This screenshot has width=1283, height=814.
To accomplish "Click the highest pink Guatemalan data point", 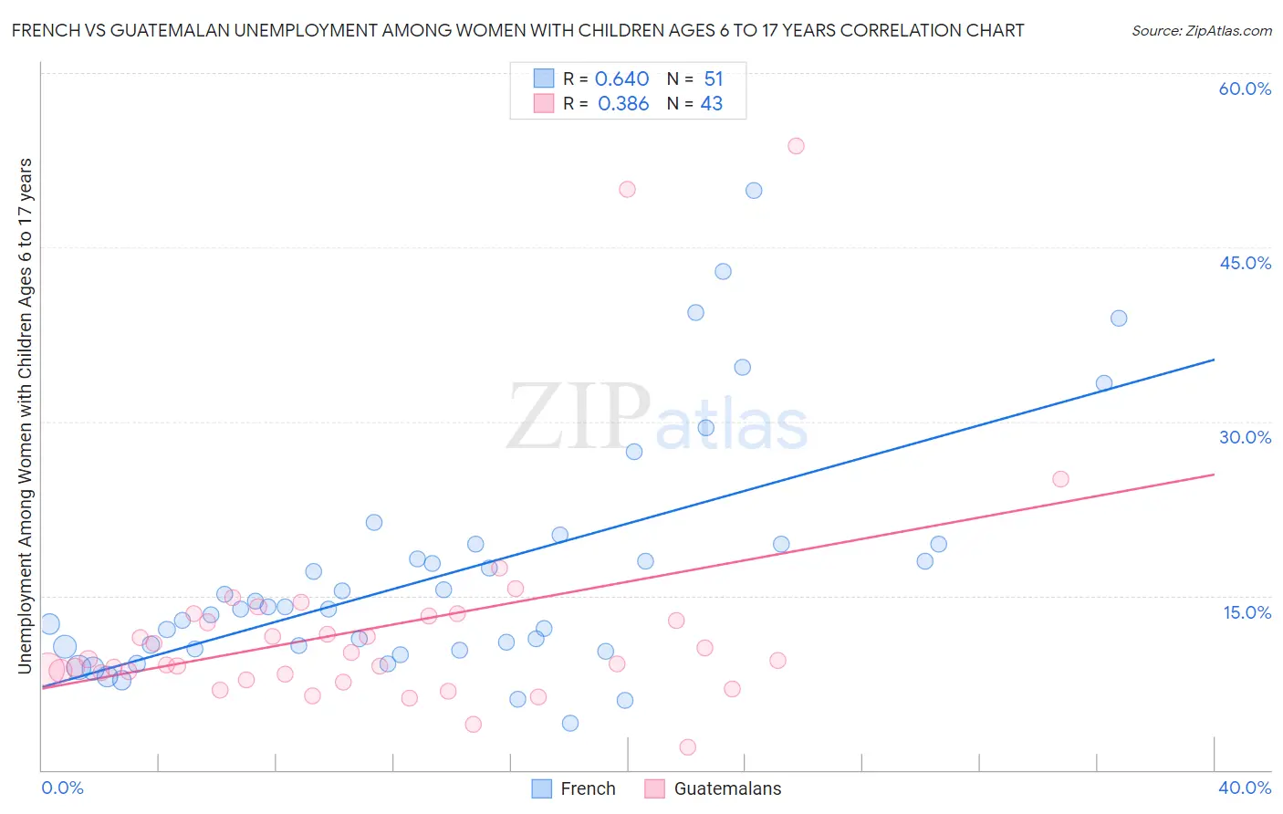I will (796, 146).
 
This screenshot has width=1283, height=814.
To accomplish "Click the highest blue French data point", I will (754, 191).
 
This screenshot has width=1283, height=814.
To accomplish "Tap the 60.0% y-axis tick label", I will (1245, 89).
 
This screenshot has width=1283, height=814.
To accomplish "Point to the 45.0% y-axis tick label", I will (1245, 263).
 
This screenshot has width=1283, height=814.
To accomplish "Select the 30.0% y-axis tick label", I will (1245, 437).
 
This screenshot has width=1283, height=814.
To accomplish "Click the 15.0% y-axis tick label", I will (1246, 612).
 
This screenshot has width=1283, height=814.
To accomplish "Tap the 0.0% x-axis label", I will (63, 788).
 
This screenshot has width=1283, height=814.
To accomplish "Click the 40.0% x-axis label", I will (1245, 788).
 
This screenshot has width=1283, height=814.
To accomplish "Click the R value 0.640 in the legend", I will (621, 79).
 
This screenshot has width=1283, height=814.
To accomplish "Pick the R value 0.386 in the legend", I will (623, 104).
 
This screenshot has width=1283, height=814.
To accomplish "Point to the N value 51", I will (713, 79).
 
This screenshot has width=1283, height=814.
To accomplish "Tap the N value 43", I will (711, 104).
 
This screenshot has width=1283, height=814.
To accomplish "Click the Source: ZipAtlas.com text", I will (1201, 31).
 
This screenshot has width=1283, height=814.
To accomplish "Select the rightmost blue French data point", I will (1119, 318).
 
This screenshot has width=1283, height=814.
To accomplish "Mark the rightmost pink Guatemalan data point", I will (1060, 479).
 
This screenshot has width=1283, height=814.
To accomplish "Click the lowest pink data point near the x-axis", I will (688, 747).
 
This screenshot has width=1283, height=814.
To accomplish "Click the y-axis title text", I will (25, 416).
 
